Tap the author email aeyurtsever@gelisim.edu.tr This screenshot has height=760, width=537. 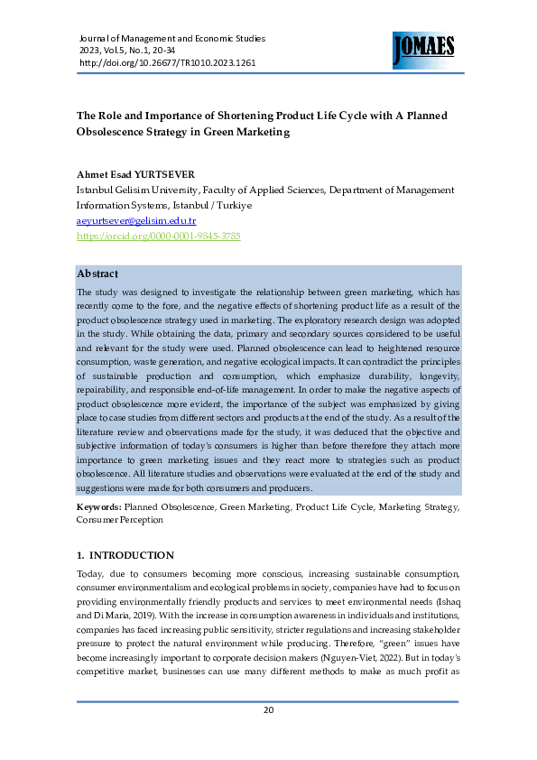136,220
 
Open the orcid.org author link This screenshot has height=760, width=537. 158,236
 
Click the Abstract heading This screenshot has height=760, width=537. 98,273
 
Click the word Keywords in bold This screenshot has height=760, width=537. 98,508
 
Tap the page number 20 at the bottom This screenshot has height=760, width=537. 268,709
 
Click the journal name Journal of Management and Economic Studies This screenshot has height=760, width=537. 172,39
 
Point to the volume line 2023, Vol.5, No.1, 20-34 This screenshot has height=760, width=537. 137,51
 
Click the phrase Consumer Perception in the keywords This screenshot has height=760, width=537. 120,521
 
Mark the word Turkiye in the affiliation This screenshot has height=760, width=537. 231,205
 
